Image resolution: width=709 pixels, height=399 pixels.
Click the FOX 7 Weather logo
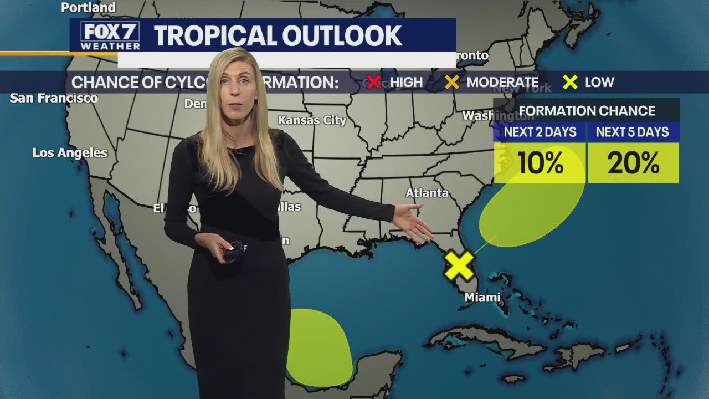click(x=110, y=36)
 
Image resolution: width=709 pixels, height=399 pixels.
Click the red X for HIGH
click(x=374, y=83)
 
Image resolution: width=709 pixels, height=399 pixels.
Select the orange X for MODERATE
click(x=452, y=83)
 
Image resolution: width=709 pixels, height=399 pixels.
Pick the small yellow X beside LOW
click(x=570, y=83)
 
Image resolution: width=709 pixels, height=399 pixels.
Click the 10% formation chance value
click(x=540, y=163)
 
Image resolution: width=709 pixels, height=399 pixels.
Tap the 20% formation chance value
click(x=633, y=163)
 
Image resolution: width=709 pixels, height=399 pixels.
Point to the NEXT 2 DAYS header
click(x=540, y=132)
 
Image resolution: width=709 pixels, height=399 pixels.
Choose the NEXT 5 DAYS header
click(x=633, y=132)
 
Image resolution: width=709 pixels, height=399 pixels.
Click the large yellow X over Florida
click(x=459, y=265)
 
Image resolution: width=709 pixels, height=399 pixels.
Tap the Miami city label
click(x=482, y=298)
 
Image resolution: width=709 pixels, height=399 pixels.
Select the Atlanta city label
click(x=427, y=193)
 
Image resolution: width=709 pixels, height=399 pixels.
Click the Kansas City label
click(x=312, y=120)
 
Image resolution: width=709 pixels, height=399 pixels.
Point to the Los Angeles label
click(x=70, y=153)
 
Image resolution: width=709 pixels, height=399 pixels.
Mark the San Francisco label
click(x=54, y=98)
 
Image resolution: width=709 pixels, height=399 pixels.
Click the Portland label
click(x=88, y=8)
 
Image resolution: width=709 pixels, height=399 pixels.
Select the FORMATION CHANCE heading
click(x=587, y=111)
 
